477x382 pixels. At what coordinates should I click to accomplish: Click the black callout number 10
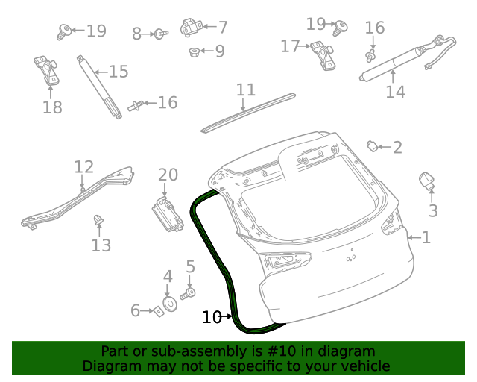(212, 317)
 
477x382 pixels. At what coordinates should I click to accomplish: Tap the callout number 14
(395, 92)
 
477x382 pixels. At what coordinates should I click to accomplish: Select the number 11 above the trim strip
(246, 90)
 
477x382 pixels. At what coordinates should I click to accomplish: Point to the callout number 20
(168, 175)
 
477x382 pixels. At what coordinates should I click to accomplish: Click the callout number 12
(83, 166)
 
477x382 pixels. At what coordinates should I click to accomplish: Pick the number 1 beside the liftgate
(426, 238)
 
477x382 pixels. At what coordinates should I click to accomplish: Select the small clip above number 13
(97, 219)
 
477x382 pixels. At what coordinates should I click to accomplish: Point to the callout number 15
(119, 72)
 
